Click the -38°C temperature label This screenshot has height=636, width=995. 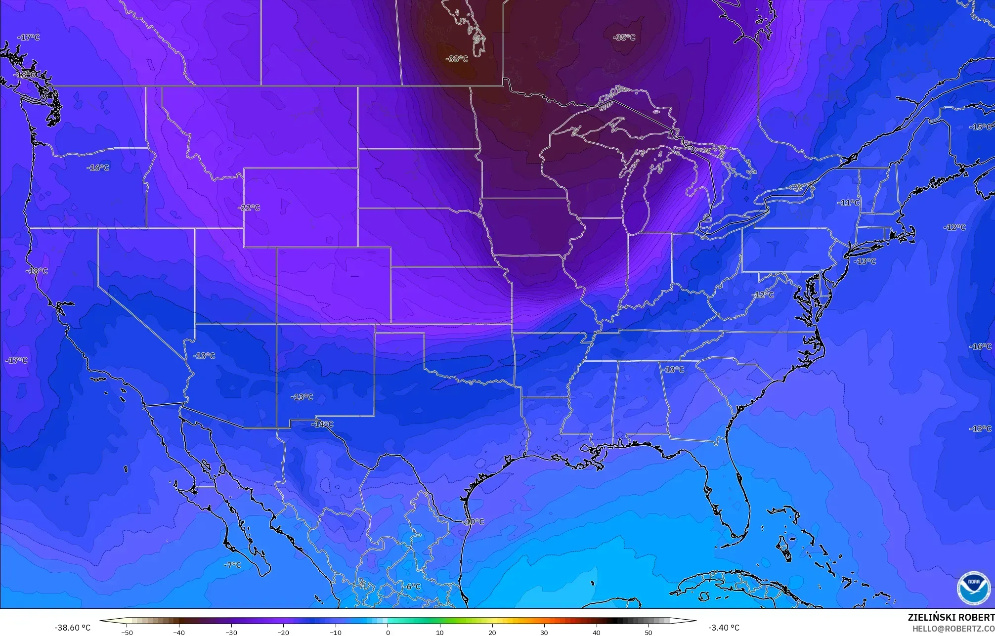pos(457,59)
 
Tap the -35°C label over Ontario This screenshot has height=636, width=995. pos(624,38)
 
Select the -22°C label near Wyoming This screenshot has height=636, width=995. pos(249,208)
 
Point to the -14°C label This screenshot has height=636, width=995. pos(322,424)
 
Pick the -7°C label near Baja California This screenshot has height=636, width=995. pos(232,565)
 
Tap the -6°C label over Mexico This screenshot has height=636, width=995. pos(411,587)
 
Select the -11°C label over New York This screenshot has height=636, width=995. pos(848,203)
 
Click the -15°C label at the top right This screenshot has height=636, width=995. pos(980,127)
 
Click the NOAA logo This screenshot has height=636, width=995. pos(973,589)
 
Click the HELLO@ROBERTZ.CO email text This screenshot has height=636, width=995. pos(953,628)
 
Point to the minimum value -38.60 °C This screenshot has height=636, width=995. pos(72,628)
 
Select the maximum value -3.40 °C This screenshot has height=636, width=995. pos(724,628)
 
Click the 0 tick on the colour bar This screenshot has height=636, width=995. pos(388,632)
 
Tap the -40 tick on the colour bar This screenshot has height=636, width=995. pos(179,632)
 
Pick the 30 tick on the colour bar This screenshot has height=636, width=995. pos(544,632)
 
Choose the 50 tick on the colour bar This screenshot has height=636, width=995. pos(649,632)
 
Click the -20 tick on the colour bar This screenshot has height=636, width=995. pos(283,632)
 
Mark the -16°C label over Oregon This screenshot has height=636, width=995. pos(98,168)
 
